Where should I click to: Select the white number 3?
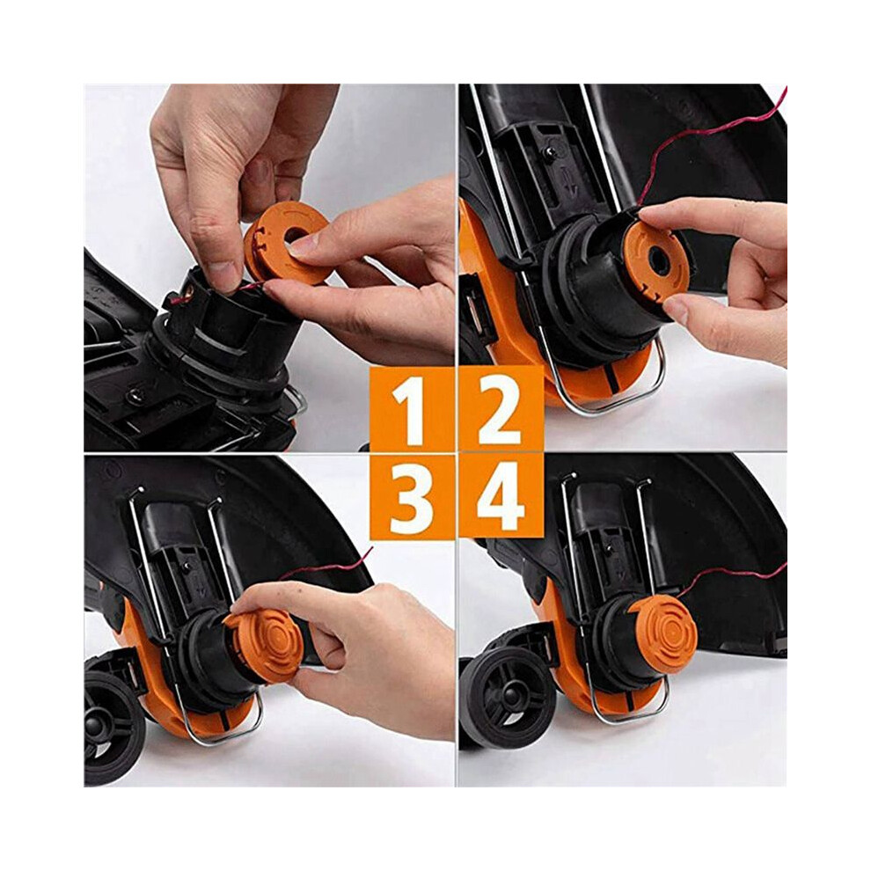[x=411, y=498]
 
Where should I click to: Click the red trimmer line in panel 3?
[x=328, y=566]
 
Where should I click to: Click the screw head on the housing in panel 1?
[x=135, y=396]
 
